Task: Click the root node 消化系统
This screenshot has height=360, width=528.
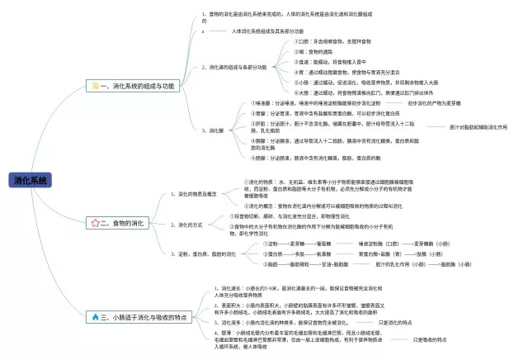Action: pos(31,180)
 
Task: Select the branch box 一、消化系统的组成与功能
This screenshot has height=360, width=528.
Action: pos(134,86)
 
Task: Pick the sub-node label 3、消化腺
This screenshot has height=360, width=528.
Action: pos(213,130)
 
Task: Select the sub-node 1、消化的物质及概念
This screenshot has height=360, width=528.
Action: pos(198,194)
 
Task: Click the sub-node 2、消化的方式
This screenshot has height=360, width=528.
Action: pos(190,224)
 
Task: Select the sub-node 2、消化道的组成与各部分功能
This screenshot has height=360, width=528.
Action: pos(235,67)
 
